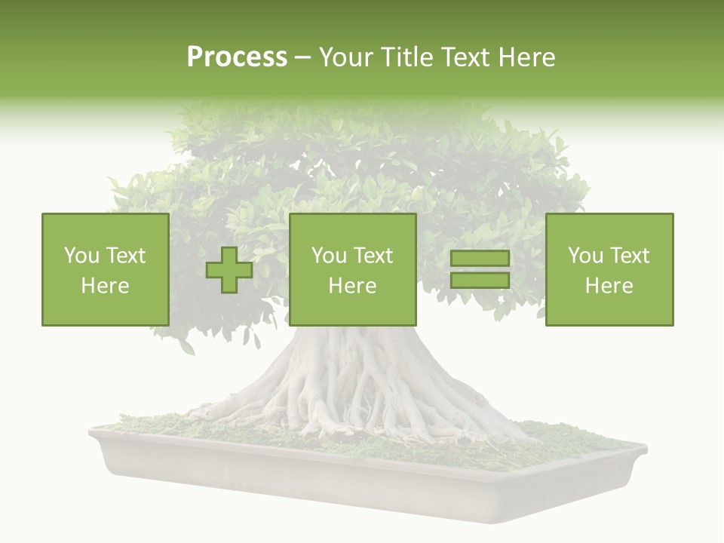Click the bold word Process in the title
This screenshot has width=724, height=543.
[237, 57]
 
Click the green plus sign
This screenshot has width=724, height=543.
[229, 270]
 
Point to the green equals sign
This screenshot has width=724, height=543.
[480, 270]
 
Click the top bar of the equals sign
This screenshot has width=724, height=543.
[480, 259]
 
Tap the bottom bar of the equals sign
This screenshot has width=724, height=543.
[480, 281]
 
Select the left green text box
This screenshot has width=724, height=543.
[105, 270]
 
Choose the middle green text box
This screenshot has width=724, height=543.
[352, 270]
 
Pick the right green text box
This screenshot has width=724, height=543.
[609, 270]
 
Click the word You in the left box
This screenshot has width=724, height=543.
[81, 256]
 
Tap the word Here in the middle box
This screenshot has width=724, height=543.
[352, 286]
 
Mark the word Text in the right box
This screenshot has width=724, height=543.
[629, 256]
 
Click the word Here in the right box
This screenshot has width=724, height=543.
[609, 286]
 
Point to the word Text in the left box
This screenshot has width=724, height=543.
[125, 256]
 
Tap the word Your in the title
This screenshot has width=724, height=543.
[342, 57]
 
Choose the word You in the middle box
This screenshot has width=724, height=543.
[329, 256]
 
